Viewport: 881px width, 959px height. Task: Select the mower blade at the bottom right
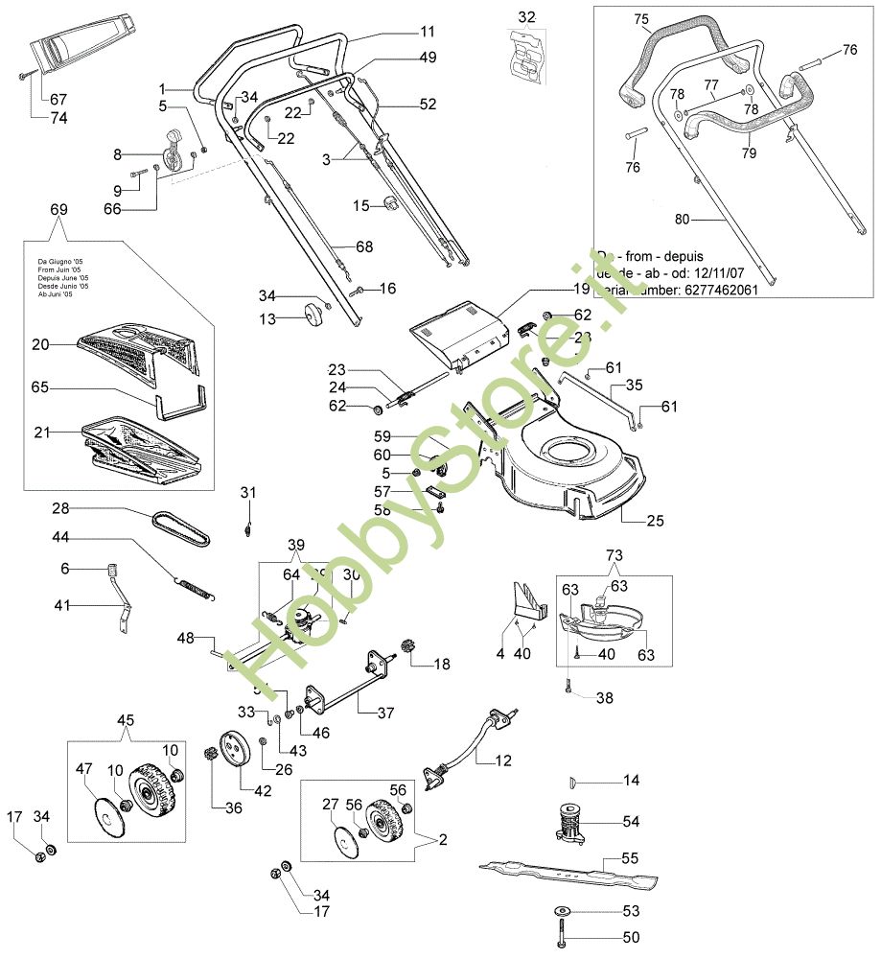(566, 873)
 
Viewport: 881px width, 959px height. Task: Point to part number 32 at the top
(527, 17)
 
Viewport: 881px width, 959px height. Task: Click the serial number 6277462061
(719, 289)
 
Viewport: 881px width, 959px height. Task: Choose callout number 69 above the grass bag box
(58, 207)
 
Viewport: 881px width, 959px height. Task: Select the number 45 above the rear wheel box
(127, 722)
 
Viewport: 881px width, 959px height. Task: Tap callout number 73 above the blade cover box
(614, 554)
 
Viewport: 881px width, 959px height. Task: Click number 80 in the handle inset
(682, 220)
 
